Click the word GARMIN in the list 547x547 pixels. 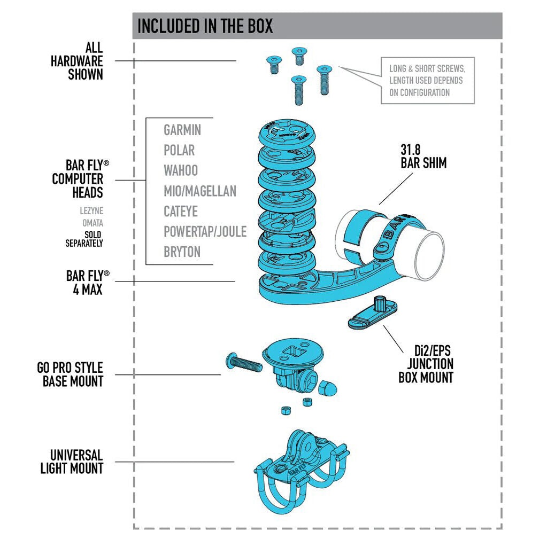click(182, 130)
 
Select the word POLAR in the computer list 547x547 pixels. click(179, 150)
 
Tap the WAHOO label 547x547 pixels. click(181, 170)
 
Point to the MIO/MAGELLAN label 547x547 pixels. click(200, 191)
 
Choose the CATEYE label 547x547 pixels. click(181, 212)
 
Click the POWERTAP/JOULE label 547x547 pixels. click(205, 232)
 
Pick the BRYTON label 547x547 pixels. click(182, 252)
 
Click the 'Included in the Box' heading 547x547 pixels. click(205, 26)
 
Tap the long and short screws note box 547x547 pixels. click(428, 81)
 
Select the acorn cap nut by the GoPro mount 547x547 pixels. click(327, 387)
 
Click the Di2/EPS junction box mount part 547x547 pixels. click(373, 312)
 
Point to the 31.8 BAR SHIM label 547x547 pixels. click(423, 157)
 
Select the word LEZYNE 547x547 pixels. click(91, 210)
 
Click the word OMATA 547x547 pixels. click(93, 223)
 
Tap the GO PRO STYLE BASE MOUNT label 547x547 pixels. click(70, 374)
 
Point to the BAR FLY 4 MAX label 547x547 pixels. click(88, 283)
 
